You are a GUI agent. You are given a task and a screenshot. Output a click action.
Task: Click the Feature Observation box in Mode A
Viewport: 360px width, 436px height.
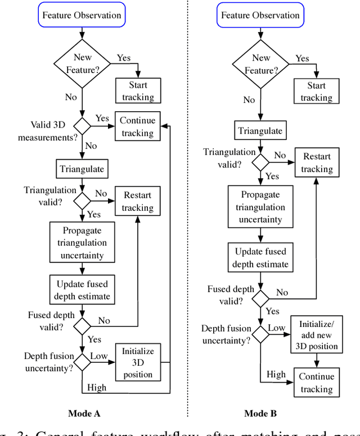(x=82, y=16)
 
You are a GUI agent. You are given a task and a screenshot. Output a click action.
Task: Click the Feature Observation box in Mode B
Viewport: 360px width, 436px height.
(x=260, y=16)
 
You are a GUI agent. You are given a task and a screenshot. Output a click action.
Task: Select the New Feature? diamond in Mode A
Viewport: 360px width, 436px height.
(x=82, y=63)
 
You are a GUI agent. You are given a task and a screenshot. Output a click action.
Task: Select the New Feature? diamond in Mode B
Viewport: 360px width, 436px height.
(x=260, y=63)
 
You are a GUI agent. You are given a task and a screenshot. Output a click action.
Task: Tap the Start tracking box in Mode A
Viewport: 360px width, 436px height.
(x=138, y=90)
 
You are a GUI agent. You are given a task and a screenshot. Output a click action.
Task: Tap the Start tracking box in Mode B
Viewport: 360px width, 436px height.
(x=316, y=91)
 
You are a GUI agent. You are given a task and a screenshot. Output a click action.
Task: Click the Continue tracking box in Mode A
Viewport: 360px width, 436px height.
(x=137, y=126)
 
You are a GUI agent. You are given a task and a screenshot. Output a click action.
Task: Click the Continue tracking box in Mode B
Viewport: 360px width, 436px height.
(x=316, y=383)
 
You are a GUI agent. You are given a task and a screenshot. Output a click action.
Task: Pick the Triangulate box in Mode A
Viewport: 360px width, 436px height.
(x=82, y=168)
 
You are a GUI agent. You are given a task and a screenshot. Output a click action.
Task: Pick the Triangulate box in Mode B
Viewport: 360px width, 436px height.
(x=260, y=131)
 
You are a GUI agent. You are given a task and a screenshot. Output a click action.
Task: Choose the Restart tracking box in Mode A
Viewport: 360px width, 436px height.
(x=138, y=201)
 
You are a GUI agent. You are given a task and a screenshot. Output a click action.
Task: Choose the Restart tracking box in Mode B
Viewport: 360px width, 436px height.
(x=317, y=162)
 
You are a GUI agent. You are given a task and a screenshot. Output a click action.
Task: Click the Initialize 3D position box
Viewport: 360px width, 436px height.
(x=138, y=362)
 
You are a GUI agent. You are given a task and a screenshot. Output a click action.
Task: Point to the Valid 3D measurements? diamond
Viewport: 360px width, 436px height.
(x=82, y=126)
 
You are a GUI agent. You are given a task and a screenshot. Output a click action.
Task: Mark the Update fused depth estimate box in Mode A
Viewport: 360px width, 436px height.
(x=82, y=289)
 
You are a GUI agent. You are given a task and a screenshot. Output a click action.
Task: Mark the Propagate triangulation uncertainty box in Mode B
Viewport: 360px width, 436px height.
(x=260, y=207)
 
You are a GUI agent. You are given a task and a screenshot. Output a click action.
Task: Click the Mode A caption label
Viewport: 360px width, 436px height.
(x=84, y=414)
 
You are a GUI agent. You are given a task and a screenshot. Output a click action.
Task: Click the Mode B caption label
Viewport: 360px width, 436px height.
(x=260, y=414)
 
